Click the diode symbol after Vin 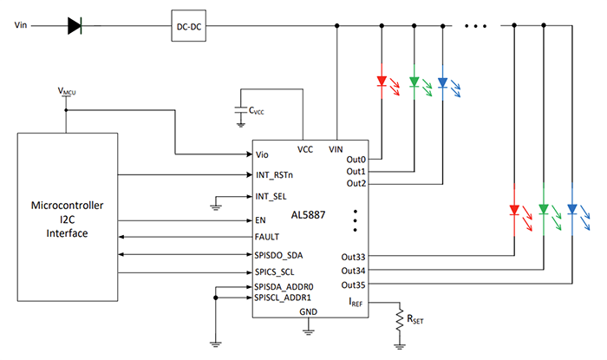[75, 26]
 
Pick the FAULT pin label [268, 236]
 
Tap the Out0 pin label [356, 160]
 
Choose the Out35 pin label [353, 284]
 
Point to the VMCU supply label [67, 91]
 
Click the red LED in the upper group [382, 83]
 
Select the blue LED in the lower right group [572, 209]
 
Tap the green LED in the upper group [413, 83]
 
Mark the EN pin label [261, 219]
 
